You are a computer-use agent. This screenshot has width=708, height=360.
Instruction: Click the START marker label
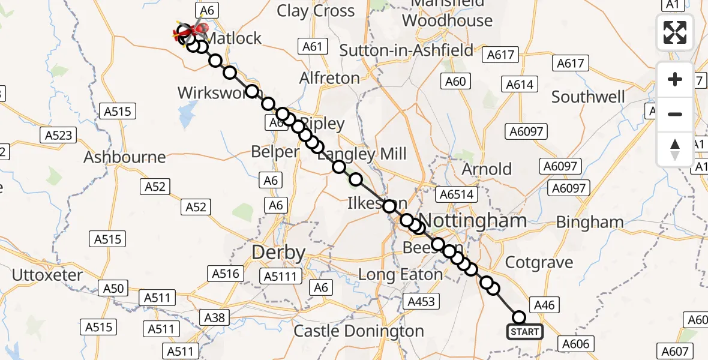(525, 332)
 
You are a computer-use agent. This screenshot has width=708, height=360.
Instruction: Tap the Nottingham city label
(473, 220)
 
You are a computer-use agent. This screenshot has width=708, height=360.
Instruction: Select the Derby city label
(278, 252)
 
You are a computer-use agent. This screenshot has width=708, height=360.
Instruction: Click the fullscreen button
(675, 32)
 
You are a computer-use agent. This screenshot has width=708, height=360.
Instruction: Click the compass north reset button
(675, 149)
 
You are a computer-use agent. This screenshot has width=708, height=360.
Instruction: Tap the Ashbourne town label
(125, 157)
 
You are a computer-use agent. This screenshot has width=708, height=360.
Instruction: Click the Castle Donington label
(358, 331)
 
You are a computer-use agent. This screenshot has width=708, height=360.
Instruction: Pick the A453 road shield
(421, 301)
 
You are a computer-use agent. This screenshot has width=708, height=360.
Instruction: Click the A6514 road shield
(457, 194)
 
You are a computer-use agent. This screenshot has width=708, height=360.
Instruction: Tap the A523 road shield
(59, 135)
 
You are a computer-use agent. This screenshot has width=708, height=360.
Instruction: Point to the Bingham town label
(590, 222)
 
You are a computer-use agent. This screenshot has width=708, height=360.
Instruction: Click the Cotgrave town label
(539, 262)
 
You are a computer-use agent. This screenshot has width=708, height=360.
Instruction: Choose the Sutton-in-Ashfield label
(407, 50)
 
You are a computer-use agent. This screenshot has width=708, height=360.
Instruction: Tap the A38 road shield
(214, 317)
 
